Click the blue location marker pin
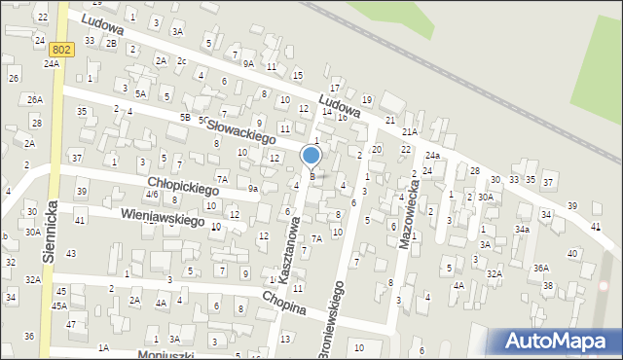tap(311, 157)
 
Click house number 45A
tap(59, 305)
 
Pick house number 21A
tap(410, 131)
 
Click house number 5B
tap(184, 118)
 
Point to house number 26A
tap(35, 99)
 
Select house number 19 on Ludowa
tap(366, 99)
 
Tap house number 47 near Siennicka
tap(70, 324)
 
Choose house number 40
tap(572, 253)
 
